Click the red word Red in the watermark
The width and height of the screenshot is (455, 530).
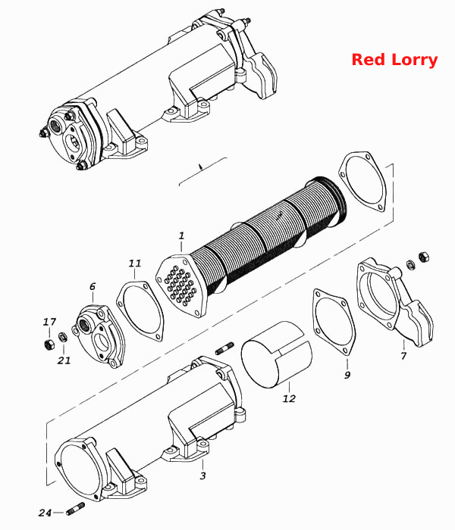tap(369, 60)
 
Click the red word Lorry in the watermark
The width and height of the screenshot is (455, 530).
tap(414, 61)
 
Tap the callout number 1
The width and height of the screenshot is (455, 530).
tap(182, 235)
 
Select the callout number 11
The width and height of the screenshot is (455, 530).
tap(135, 263)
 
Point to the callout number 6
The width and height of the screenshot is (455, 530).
tap(93, 287)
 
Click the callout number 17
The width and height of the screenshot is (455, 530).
tap(49, 322)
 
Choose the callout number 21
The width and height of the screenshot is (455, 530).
tap(64, 360)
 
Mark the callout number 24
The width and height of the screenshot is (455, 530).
tap(45, 513)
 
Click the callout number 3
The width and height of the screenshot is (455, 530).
tap(202, 475)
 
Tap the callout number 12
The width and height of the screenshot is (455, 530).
tap(289, 398)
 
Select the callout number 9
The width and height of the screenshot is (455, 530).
tap(347, 375)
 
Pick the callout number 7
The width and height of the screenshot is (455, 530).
tap(403, 355)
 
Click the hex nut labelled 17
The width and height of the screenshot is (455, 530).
tap(49, 344)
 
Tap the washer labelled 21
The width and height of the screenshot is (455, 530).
tap(63, 337)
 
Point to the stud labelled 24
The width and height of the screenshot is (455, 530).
tap(76, 508)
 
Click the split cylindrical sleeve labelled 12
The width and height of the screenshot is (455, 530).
tap(277, 354)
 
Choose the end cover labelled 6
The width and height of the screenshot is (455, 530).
tap(99, 335)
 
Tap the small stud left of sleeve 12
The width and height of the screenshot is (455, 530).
tap(224, 348)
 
